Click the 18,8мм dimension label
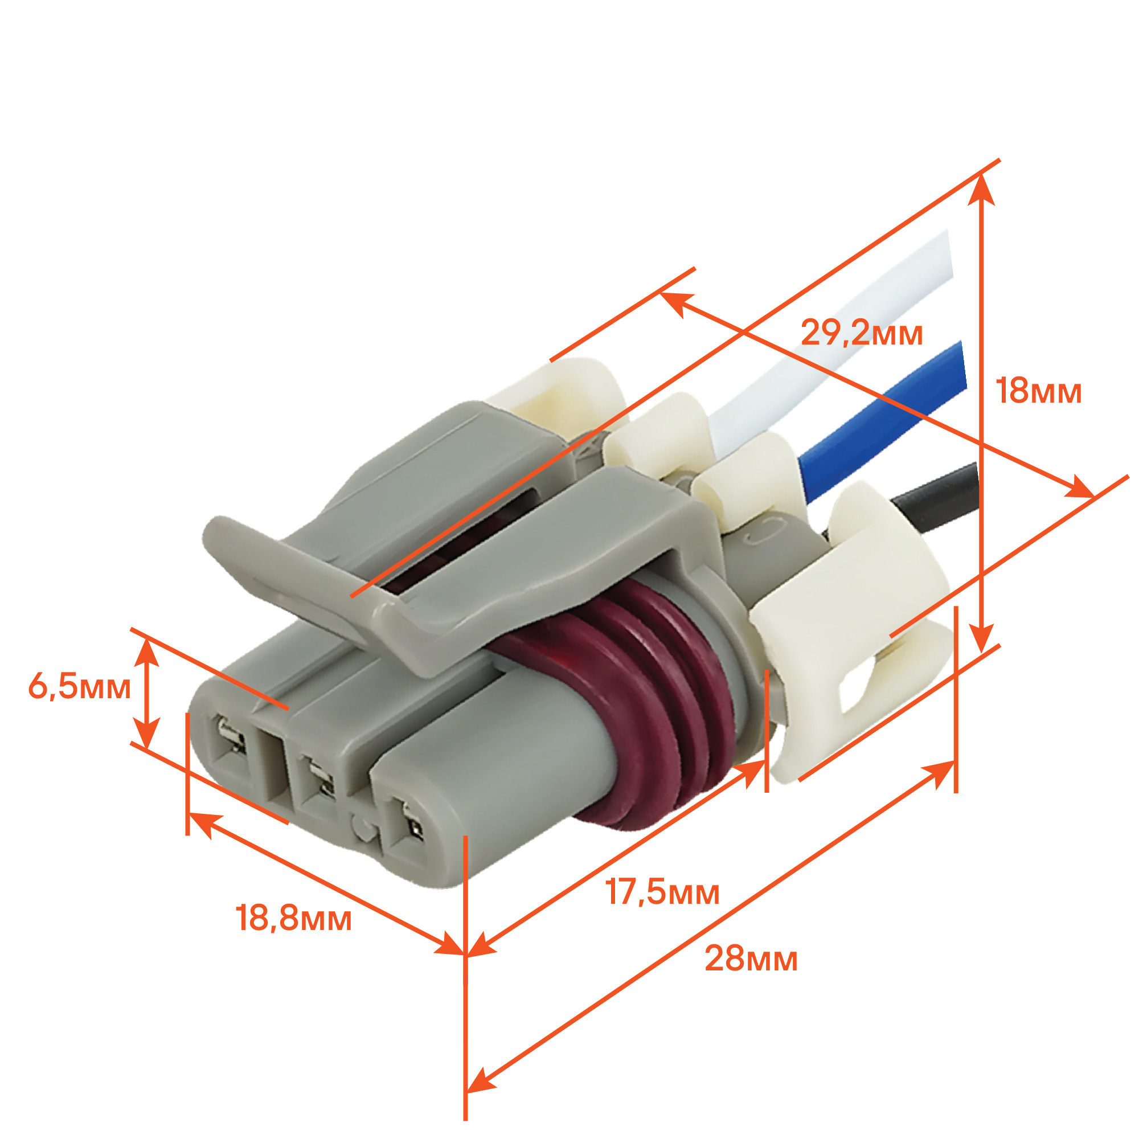(294, 918)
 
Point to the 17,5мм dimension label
(663, 892)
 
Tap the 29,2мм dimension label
(861, 333)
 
